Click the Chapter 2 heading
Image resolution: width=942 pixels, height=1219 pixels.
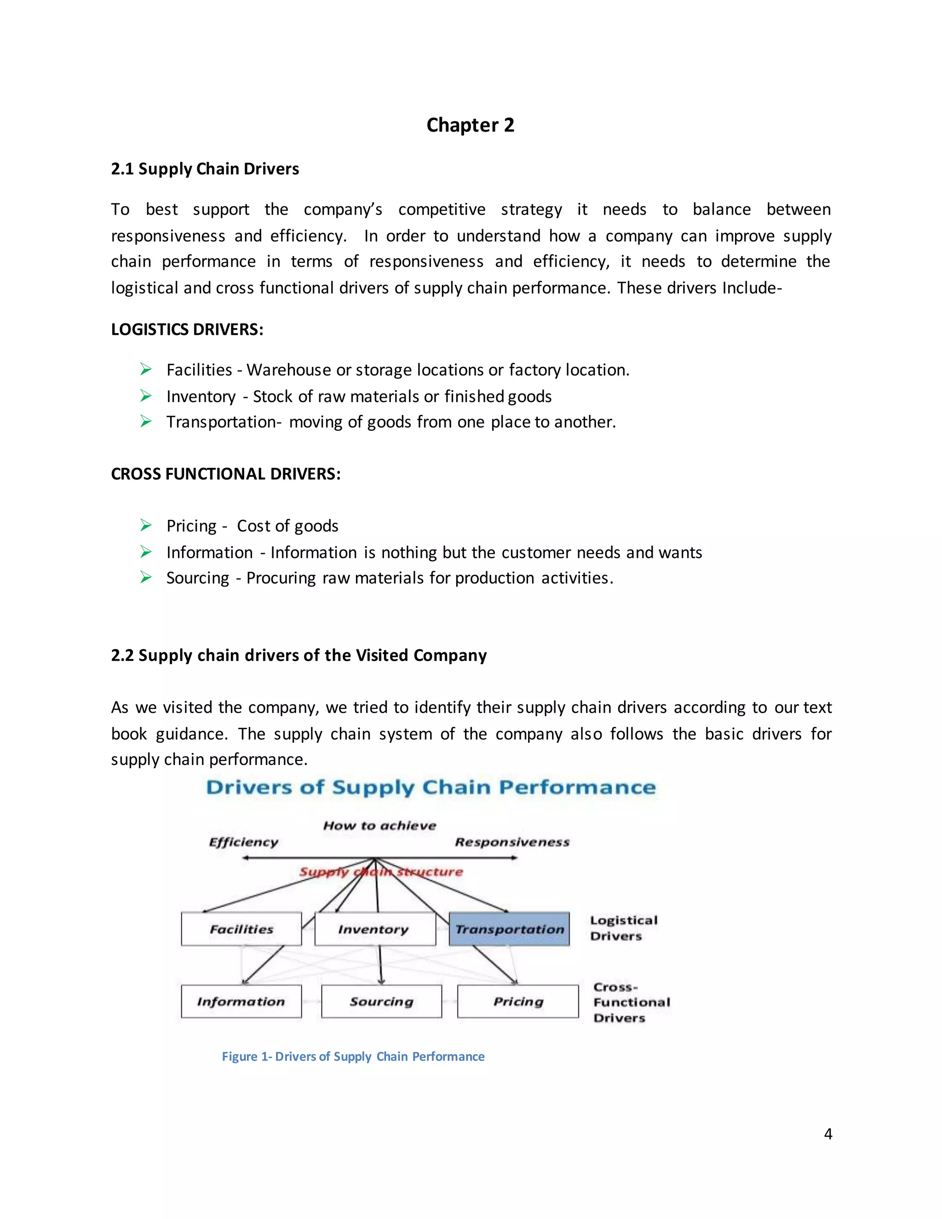[x=470, y=125]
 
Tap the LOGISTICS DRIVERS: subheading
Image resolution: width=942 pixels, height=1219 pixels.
[x=187, y=329]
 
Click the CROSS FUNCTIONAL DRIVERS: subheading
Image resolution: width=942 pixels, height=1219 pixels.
[x=225, y=474]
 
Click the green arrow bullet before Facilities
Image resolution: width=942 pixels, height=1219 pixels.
[x=146, y=369]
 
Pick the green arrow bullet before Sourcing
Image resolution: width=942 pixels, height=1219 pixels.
[x=146, y=577]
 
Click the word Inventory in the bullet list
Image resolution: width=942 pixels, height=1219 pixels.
[x=201, y=396]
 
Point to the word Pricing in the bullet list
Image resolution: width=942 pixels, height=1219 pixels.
[x=191, y=526]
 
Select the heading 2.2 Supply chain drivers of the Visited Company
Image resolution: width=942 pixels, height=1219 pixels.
[x=299, y=655]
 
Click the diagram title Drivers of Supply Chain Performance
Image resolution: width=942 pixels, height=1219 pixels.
[x=431, y=788]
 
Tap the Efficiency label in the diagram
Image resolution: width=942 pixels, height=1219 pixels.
[x=243, y=842]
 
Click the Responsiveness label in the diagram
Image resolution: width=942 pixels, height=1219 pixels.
[x=512, y=842]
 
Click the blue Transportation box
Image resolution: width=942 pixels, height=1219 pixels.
[x=509, y=929]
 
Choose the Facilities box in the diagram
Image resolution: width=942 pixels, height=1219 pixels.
[x=241, y=929]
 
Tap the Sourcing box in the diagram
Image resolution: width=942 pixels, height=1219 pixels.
[x=381, y=1001]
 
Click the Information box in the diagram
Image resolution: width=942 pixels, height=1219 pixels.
[x=241, y=1001]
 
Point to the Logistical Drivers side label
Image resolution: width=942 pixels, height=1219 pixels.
[x=623, y=928]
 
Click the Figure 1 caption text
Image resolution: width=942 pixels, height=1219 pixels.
[x=353, y=1057]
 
